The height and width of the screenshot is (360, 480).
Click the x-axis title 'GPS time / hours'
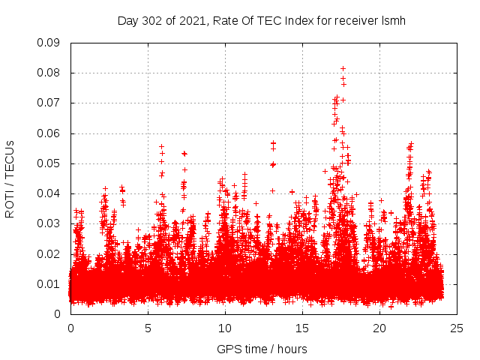point(261,349)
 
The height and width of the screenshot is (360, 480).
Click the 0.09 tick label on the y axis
point(49,43)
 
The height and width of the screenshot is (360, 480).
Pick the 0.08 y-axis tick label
point(49,73)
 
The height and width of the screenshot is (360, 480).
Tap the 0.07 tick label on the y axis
point(49,103)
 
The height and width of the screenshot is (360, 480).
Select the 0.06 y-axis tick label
point(49,133)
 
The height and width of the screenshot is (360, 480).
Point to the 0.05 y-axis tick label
point(49,163)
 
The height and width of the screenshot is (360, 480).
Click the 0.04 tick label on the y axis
point(49,193)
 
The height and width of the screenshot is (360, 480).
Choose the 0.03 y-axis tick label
point(49,223)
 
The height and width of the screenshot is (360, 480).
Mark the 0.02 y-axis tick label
point(49,253)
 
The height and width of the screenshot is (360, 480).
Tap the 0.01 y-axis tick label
point(49,284)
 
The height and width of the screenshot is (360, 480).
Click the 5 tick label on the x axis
point(148,328)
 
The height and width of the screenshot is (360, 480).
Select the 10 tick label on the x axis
point(225,328)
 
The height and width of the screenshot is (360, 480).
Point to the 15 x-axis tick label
point(302,328)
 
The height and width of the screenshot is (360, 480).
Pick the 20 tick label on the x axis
point(379,328)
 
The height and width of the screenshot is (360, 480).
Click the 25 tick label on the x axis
point(457,328)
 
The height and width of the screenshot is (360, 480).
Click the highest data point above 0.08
point(343,69)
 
